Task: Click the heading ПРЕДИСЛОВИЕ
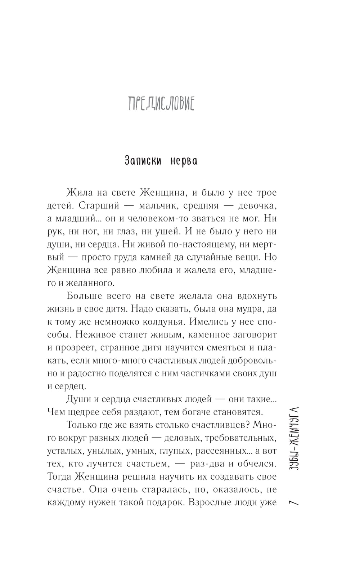pyautogui.click(x=161, y=104)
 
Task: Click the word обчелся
pyautogui.click(x=256, y=464)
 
